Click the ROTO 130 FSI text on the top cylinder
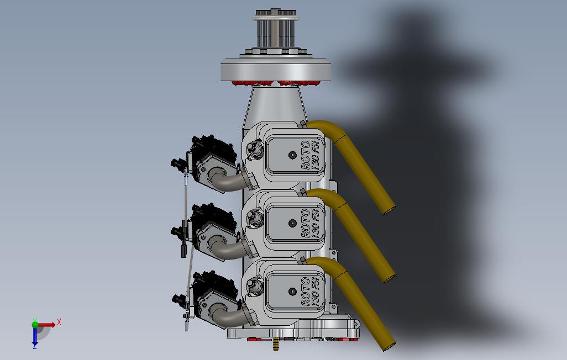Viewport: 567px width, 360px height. pos(311,155)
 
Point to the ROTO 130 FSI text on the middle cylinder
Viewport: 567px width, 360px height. pos(311,223)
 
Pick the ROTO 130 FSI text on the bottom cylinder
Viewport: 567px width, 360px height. pos(311,292)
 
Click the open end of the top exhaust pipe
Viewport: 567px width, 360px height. pos(389,210)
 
